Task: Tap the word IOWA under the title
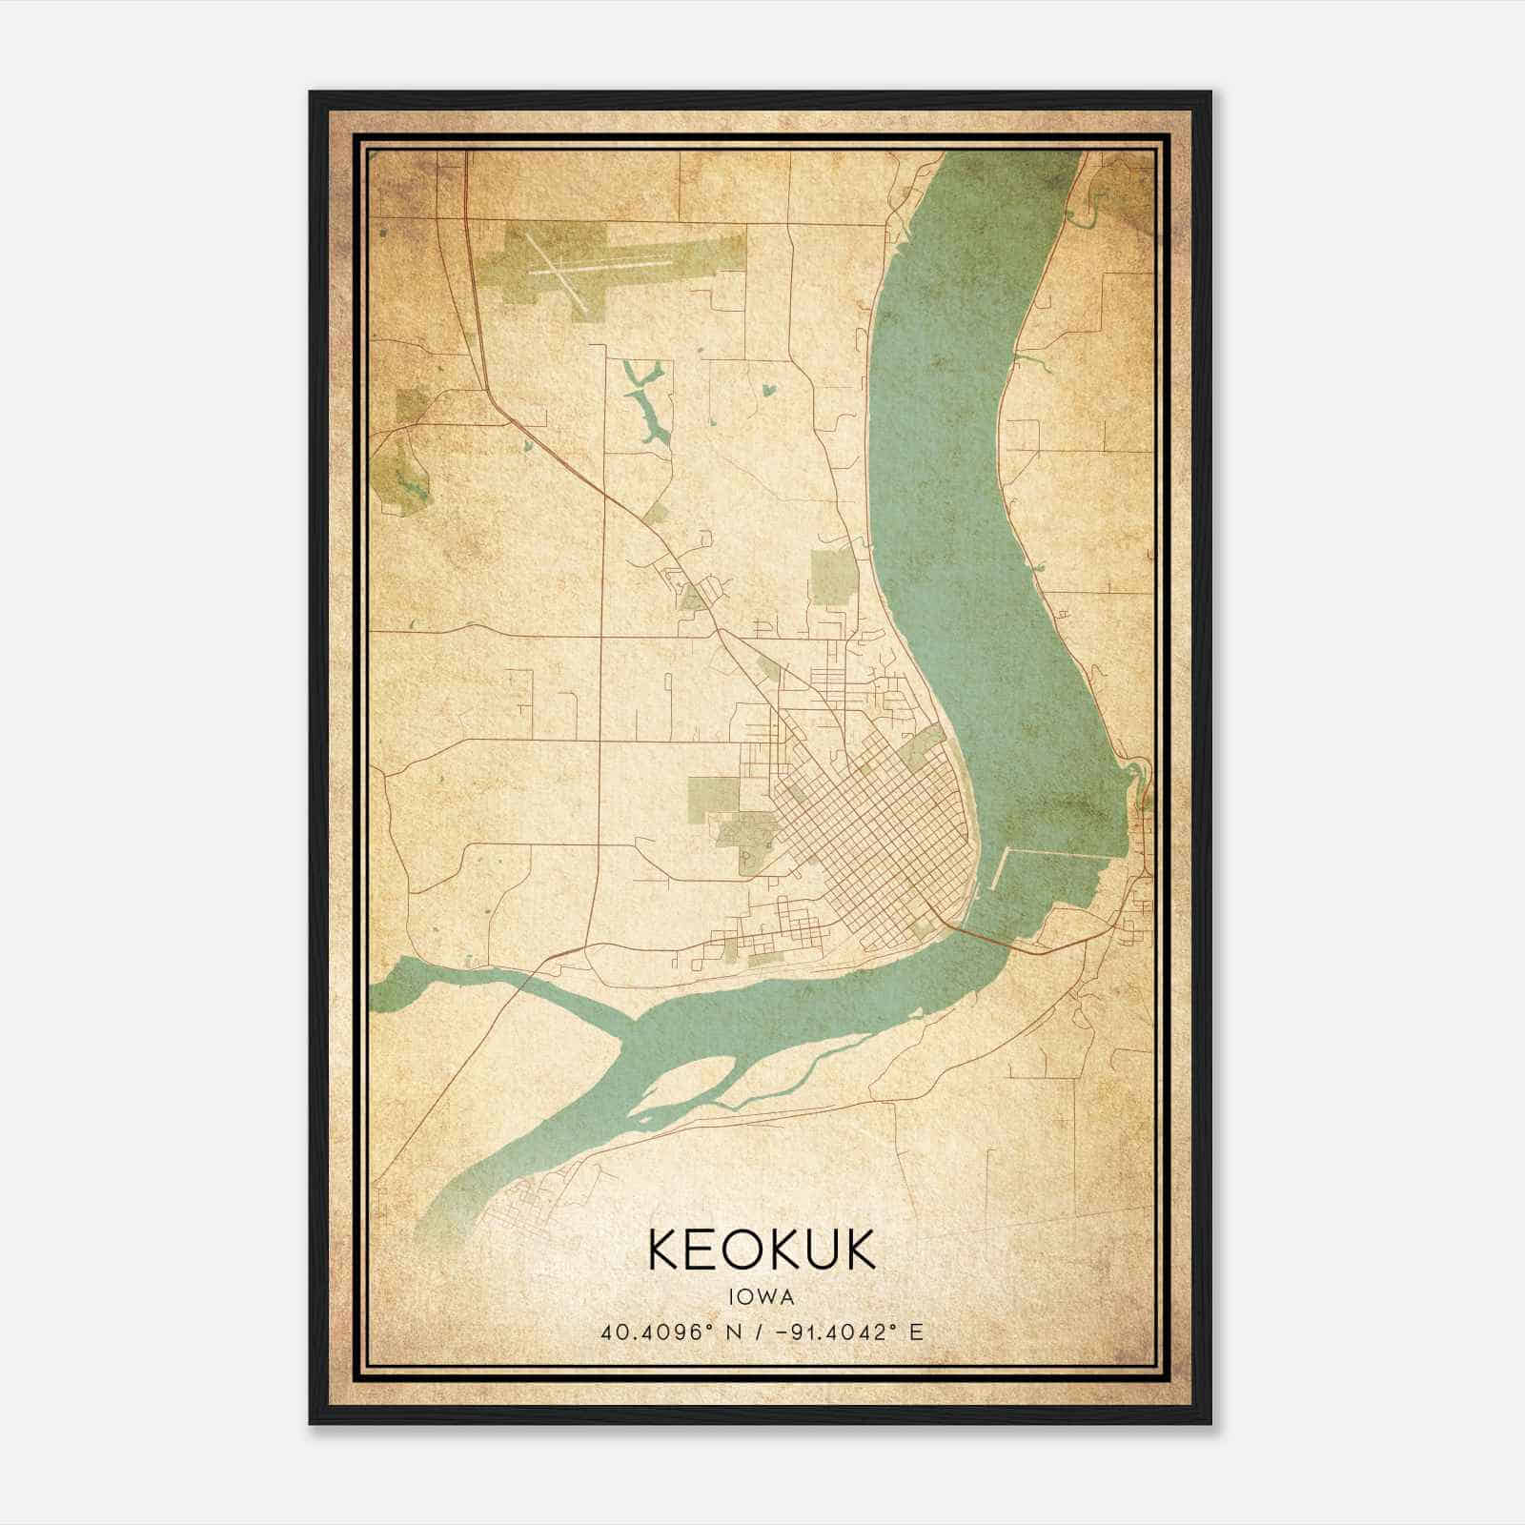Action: [762, 1297]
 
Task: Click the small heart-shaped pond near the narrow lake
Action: [768, 390]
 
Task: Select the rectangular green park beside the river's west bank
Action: [832, 577]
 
